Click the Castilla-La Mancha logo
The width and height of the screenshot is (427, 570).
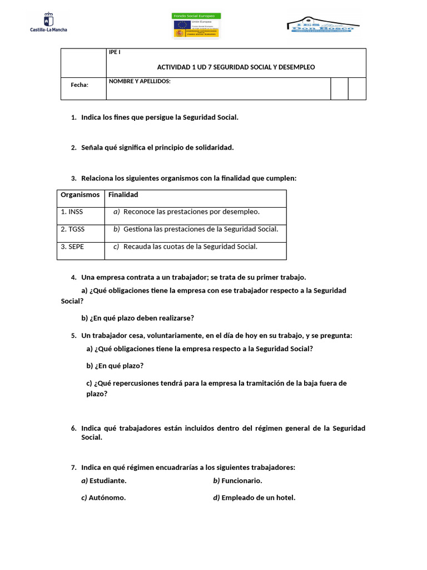pos(48,23)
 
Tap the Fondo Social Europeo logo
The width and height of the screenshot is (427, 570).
pos(197,26)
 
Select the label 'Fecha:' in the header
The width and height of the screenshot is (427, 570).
pos(80,85)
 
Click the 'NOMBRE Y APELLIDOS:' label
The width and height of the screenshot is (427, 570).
pos(140,81)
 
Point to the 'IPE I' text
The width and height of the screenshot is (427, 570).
pos(114,52)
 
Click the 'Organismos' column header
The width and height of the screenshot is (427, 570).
pos(80,195)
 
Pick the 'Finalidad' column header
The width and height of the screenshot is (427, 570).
pos(123,195)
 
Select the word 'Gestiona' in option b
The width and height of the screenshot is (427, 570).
pos(137,229)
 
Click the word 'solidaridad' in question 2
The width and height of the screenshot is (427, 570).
pos(214,148)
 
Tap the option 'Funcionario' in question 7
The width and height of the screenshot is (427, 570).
pos(241,480)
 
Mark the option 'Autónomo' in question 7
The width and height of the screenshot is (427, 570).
pos(107,498)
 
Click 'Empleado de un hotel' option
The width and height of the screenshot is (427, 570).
pos(258,498)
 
